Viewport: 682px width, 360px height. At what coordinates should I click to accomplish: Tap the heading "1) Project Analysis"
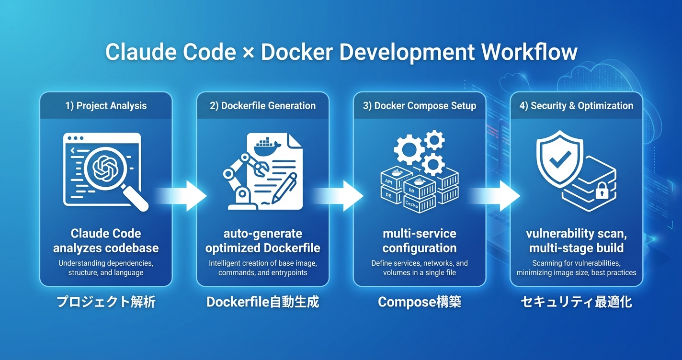point(106,106)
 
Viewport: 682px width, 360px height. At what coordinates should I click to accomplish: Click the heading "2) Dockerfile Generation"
point(262,106)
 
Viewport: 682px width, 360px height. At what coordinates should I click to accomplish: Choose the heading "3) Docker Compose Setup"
point(420,106)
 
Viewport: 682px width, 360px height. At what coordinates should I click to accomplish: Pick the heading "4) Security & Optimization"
point(576,106)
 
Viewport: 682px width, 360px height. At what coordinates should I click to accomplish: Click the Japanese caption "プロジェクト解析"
point(106,302)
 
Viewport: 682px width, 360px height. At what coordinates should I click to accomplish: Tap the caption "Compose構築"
point(420,302)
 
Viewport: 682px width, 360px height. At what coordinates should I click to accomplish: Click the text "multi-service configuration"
point(420,241)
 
